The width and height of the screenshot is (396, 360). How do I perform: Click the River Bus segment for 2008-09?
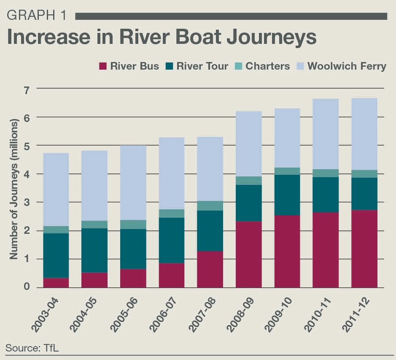tap(248, 254)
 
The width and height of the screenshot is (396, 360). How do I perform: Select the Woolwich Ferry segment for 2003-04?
tap(56, 189)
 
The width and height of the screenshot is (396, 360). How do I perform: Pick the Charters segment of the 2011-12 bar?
tap(364, 173)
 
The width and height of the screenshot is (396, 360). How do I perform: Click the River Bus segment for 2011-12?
tap(364, 249)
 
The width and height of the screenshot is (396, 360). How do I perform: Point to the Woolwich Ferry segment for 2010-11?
tap(326, 134)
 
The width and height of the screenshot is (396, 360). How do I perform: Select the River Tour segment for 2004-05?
tap(94, 250)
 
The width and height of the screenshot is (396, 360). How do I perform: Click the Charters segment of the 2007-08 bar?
tap(210, 206)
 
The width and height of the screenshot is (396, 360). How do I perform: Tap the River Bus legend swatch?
tap(102, 66)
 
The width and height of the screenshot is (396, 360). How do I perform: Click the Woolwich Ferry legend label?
tap(347, 66)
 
